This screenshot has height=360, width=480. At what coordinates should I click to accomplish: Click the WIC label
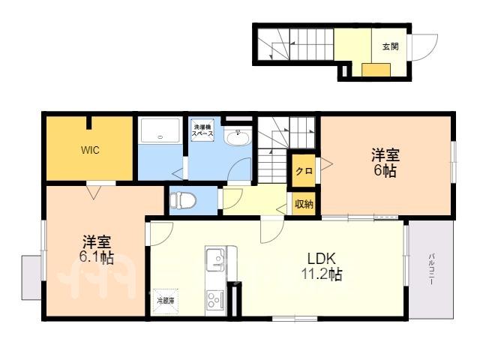click(90, 150)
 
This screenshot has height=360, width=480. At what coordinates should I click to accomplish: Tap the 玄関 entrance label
click(390, 46)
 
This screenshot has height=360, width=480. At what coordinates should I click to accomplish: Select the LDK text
click(322, 259)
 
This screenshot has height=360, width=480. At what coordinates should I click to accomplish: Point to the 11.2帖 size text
click(322, 274)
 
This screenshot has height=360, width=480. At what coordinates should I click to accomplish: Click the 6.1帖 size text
click(97, 258)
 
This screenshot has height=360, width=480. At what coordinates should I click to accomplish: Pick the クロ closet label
click(304, 171)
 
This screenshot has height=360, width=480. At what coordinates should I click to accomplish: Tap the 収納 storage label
click(304, 204)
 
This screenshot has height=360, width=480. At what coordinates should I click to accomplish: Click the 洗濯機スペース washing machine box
click(202, 130)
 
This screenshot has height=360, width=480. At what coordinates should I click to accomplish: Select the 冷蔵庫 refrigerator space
click(166, 301)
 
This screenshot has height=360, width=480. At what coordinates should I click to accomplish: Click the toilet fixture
click(183, 200)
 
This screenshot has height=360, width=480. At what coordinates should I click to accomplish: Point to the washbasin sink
click(238, 136)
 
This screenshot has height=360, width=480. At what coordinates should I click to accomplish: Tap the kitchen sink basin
click(215, 259)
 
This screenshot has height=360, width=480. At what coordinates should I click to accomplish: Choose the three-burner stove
click(215, 299)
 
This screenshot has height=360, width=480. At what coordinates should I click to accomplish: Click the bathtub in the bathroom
click(160, 130)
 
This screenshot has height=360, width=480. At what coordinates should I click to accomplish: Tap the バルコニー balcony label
click(431, 269)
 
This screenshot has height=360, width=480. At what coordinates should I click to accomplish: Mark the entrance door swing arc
click(430, 52)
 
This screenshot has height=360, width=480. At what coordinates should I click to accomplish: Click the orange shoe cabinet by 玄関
click(376, 70)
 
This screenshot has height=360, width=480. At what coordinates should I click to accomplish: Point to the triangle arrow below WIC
click(93, 193)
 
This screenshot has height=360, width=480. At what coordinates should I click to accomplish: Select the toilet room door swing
click(235, 198)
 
